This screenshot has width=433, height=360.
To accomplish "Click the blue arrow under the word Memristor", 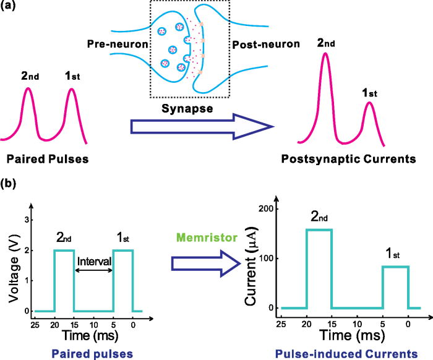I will tap(205, 264).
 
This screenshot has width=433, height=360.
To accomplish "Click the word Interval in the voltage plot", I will tap(93, 261).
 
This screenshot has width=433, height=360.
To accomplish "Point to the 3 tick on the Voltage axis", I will tap(26, 220).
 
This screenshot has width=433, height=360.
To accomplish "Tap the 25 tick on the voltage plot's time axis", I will tap(35, 322).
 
